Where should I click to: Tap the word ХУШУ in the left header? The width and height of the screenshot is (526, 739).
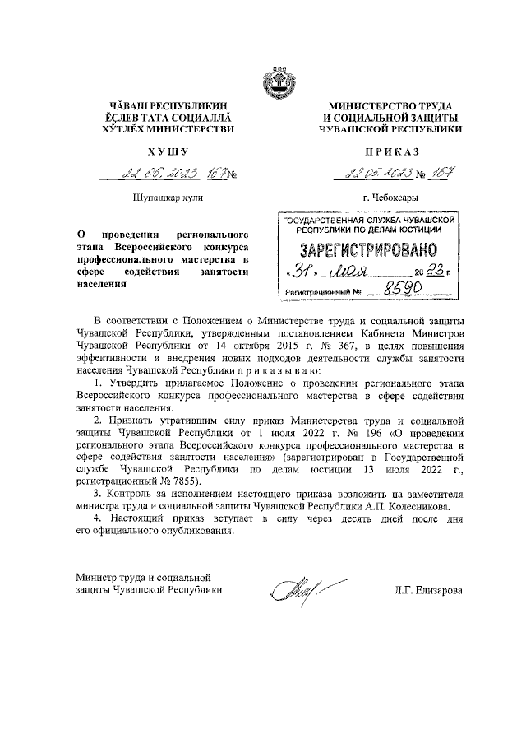tap(167, 151)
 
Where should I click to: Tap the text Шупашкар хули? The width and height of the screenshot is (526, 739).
tap(167, 198)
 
